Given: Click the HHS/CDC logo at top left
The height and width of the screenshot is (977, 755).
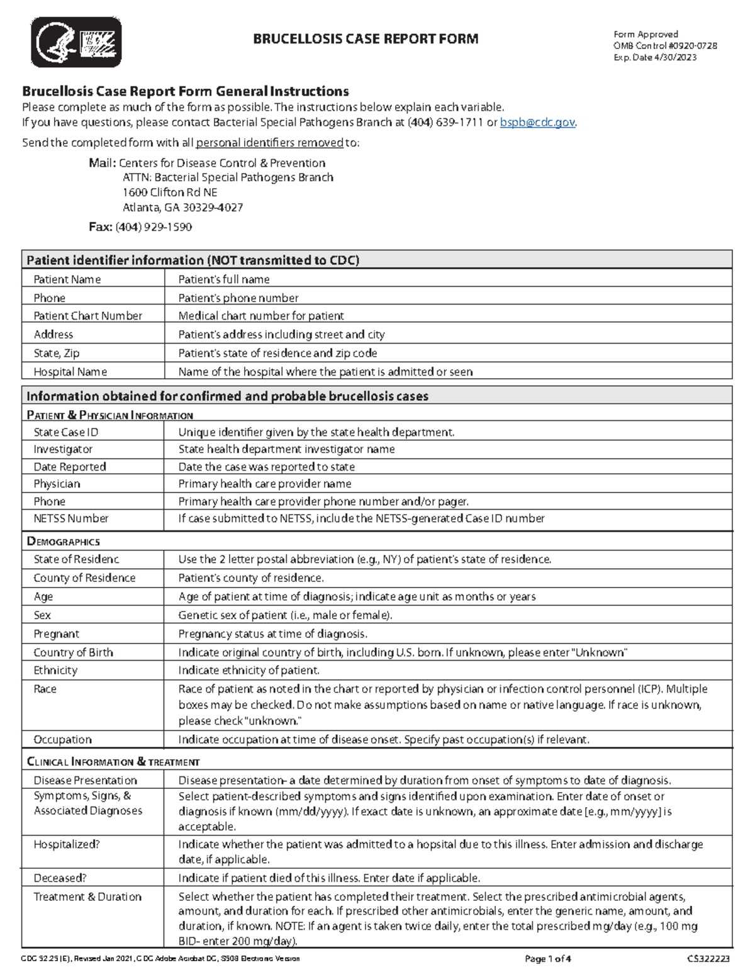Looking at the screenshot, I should coord(75,42).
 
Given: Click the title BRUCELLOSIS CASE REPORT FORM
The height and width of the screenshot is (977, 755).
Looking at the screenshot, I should coord(365,39).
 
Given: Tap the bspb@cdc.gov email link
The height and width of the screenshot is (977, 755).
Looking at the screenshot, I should coord(537,123).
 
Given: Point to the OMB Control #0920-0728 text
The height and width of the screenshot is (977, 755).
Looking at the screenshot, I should coord(665,46).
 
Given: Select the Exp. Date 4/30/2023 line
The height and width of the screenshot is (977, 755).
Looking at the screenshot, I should coord(655,57).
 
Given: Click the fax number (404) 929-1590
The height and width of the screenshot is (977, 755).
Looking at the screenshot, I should coord(154,227).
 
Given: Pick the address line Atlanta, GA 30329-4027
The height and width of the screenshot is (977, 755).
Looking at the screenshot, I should coord(182,208).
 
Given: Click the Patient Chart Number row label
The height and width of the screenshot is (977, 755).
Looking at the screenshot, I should coord(87,316).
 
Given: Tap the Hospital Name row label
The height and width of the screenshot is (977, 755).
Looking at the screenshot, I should coord(70,372).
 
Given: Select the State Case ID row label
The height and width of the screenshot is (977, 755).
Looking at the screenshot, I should coord(65,432).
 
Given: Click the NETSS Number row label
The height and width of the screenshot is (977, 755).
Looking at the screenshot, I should coord(70,518).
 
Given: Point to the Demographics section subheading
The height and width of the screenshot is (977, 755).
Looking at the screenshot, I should coord(63,542).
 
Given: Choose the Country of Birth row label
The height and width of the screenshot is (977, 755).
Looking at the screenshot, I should coord(73,652).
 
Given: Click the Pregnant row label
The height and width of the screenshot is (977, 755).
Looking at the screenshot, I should coord(56,634).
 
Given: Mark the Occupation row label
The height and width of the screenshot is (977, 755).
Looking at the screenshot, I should coord(62,740).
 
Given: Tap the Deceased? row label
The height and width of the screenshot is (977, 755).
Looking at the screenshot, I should coord(60,878).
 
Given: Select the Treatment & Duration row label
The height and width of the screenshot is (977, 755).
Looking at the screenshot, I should coord(87,897).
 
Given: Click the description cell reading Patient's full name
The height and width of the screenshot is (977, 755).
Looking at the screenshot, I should coord(223,279).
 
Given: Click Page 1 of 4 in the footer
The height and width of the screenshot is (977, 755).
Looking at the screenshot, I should coord(547,959).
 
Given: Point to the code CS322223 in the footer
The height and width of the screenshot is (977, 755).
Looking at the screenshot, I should coord(708,959).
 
